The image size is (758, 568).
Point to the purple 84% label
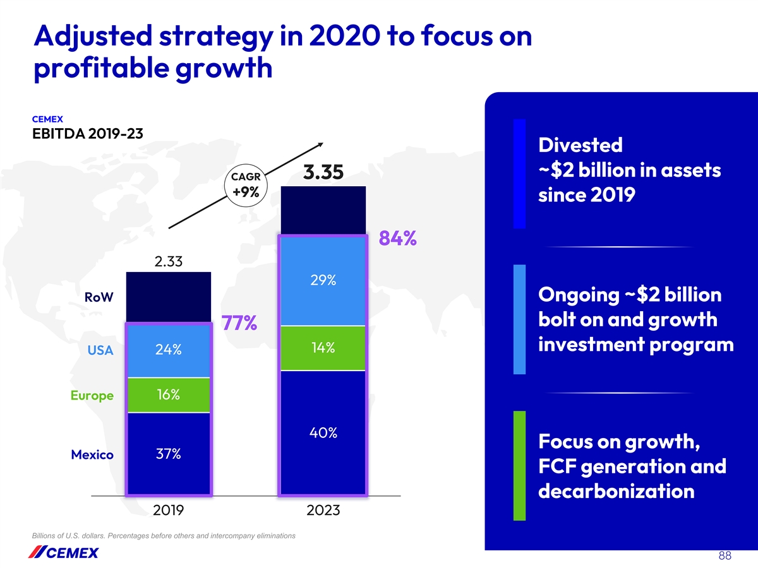coord(397,239)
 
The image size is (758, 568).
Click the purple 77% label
coord(238,324)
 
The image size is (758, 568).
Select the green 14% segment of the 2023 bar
coord(323,348)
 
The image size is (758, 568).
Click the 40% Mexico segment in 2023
coord(323,433)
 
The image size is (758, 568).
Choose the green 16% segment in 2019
coord(169,395)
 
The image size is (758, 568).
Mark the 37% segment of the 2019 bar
coord(169,454)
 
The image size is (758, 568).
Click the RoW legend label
coord(99,297)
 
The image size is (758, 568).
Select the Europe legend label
coord(92,396)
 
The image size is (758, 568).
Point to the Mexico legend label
coord(92,454)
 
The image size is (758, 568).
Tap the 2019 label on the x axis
coord(169,511)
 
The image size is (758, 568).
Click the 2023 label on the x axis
coord(323,511)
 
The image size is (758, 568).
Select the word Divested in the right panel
coord(581,145)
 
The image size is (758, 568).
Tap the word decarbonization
coord(616,491)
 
